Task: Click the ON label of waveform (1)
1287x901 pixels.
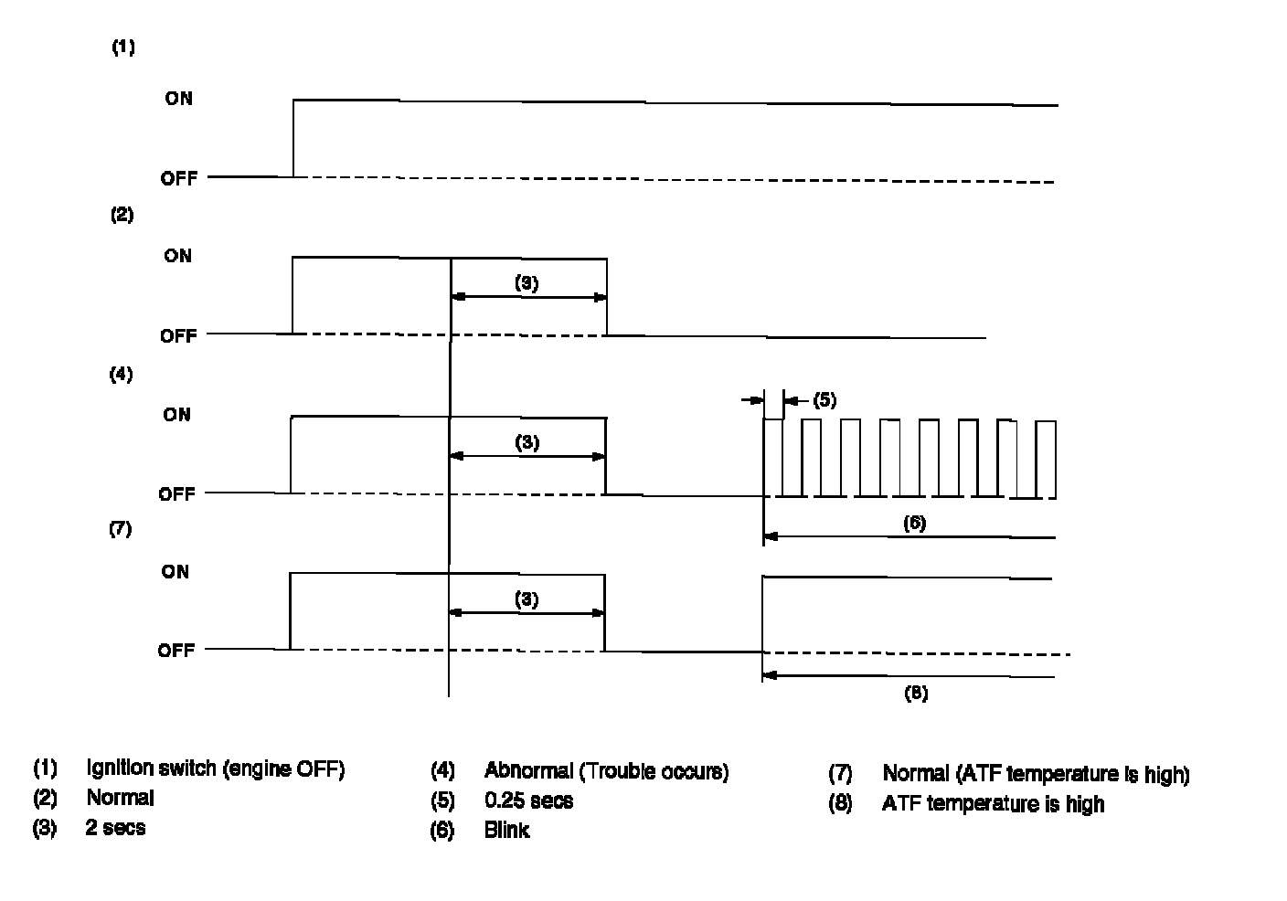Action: [178, 98]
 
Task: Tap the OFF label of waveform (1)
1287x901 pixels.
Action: [178, 178]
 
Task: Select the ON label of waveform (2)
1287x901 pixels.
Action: [178, 256]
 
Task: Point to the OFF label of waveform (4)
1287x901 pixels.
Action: [177, 493]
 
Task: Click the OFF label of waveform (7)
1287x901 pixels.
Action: [176, 651]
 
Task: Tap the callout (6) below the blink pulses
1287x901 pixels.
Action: [914, 523]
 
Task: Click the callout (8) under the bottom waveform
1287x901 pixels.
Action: [916, 694]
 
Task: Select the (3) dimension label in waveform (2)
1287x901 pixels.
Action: [526, 283]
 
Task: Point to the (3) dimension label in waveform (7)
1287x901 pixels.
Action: [526, 599]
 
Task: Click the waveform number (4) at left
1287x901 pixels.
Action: [121, 374]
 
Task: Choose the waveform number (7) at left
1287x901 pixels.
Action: [121, 529]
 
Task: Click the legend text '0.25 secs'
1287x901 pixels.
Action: [528, 801]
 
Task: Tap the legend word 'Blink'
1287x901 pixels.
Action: [506, 831]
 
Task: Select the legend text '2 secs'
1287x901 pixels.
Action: [116, 828]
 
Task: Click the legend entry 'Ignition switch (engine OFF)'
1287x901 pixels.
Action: [216, 768]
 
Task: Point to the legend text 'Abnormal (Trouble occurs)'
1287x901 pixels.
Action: [606, 771]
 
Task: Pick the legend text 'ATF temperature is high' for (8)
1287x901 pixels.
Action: [993, 804]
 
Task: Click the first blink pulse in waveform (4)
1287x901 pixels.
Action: [773, 457]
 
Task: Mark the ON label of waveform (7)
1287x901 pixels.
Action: [175, 572]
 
